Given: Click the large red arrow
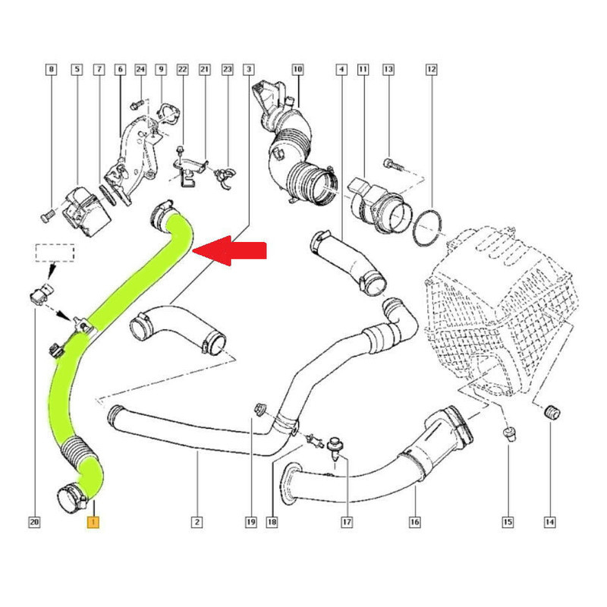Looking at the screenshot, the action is [x=229, y=250].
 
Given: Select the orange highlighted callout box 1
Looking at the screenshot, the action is [x=93, y=522].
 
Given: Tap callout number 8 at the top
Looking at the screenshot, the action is [x=51, y=70].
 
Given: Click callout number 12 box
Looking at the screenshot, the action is [x=431, y=70].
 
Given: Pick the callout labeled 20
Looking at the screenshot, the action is [x=34, y=522].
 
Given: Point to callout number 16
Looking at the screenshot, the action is [x=414, y=522].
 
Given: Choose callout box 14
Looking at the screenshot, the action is [x=549, y=522].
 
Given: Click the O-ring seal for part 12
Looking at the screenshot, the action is [x=427, y=228].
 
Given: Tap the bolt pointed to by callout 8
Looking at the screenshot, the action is [x=47, y=217].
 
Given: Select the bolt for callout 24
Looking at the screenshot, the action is [x=137, y=104].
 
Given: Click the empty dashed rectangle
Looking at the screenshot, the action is [x=55, y=253].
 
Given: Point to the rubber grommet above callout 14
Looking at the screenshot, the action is [x=552, y=412].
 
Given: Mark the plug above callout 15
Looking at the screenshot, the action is [x=510, y=434].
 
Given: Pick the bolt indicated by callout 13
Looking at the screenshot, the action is [x=393, y=165].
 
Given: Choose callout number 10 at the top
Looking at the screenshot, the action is [x=297, y=70].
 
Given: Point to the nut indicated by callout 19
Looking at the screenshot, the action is [x=260, y=408].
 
